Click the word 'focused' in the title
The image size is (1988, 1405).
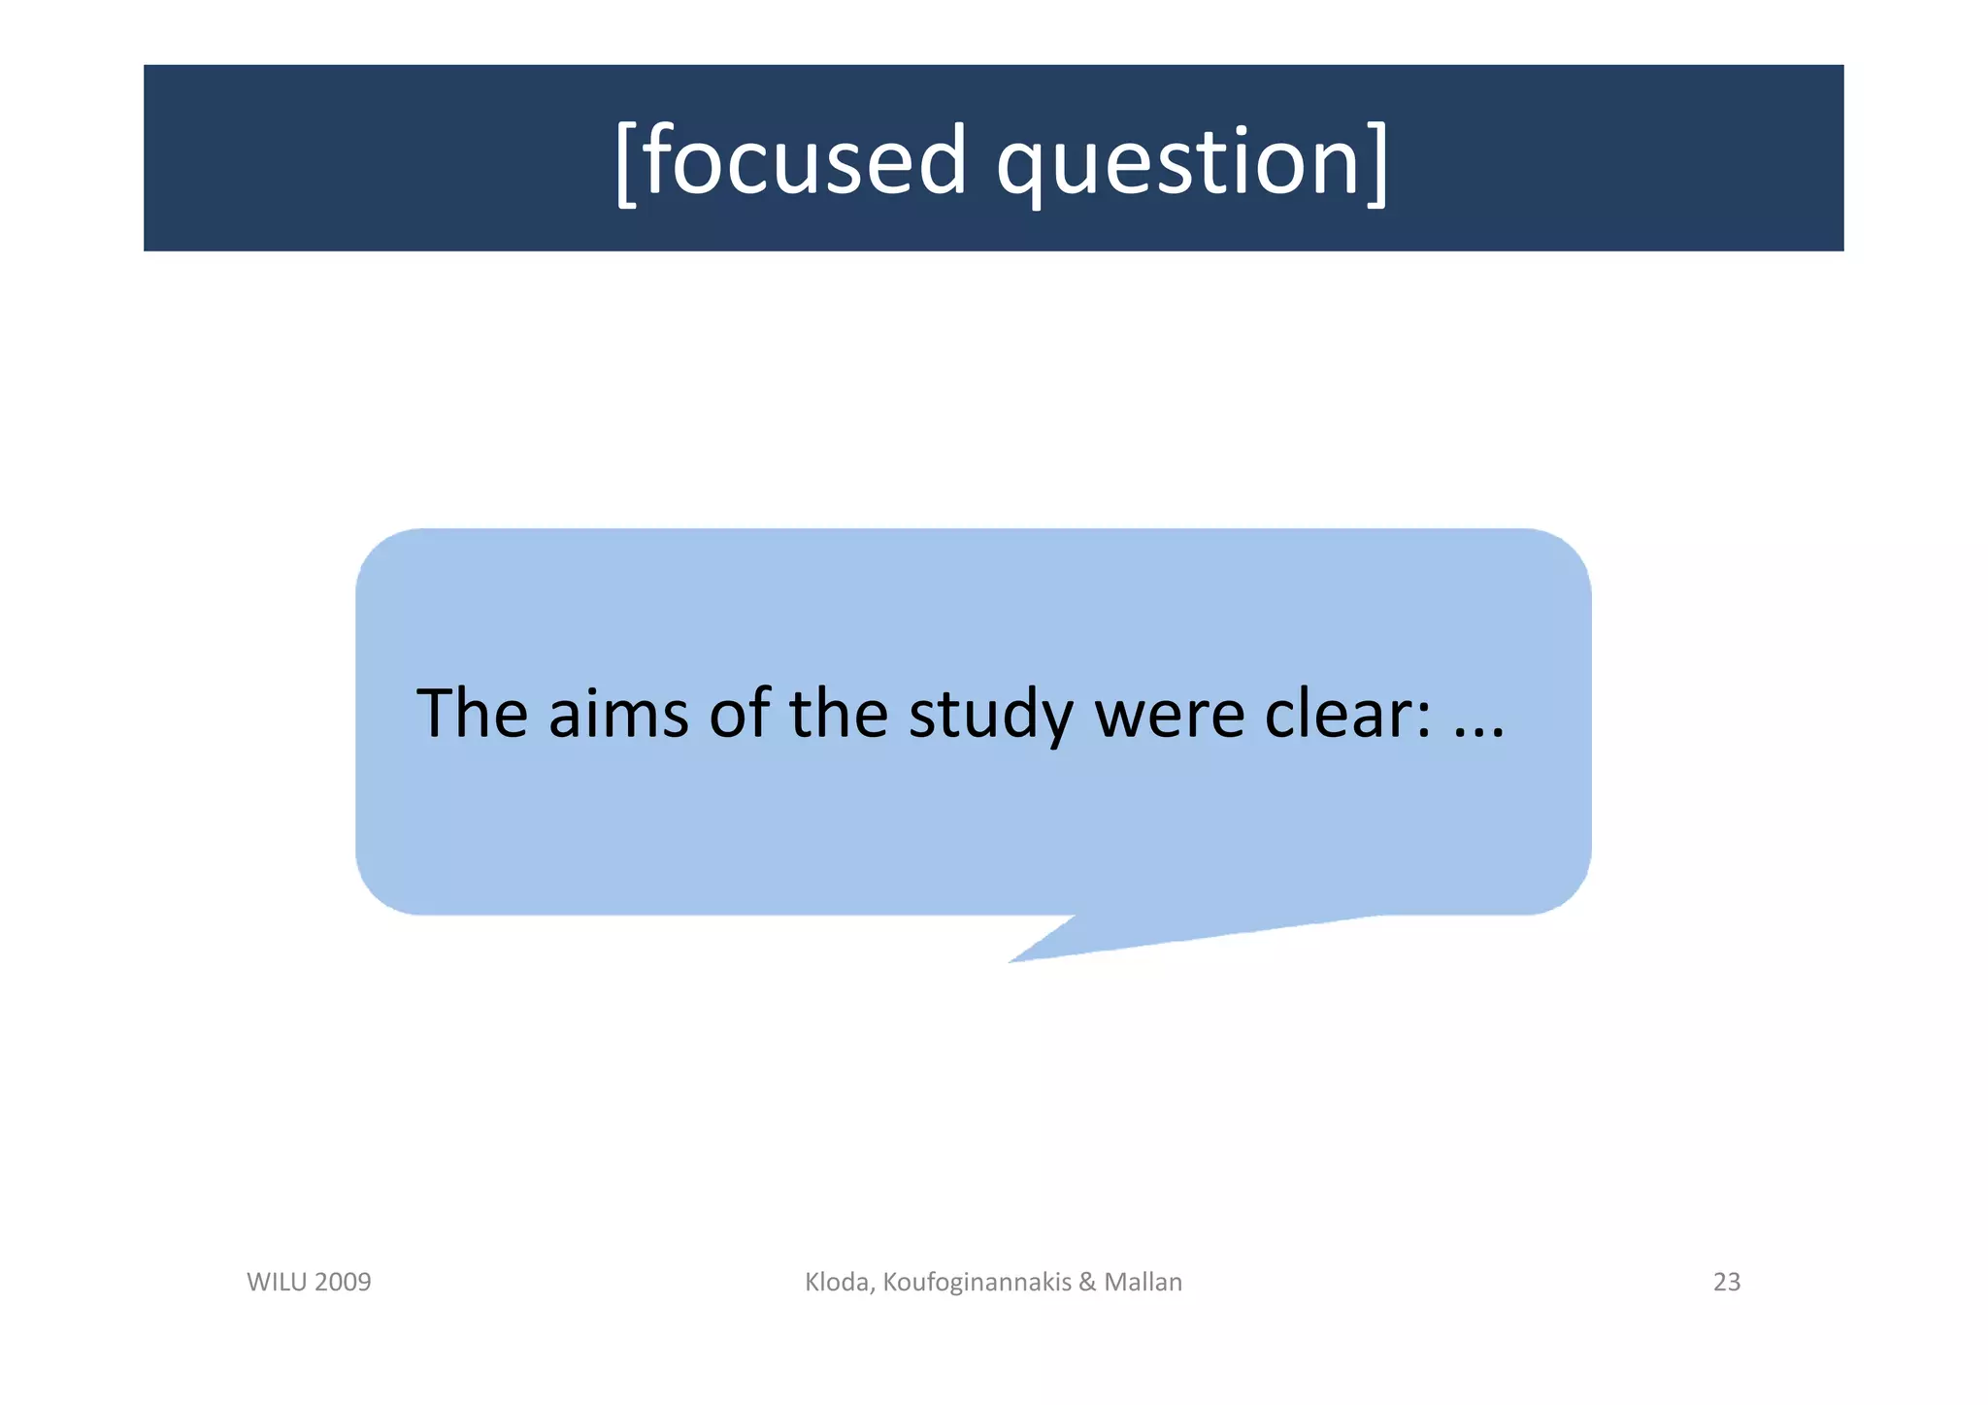click(x=805, y=161)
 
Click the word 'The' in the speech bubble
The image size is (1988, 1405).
click(x=472, y=714)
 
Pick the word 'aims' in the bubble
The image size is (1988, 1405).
click(x=618, y=714)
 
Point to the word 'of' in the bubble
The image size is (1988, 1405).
click(x=740, y=714)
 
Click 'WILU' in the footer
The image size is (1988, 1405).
click(x=278, y=1282)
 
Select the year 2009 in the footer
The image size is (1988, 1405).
click(x=343, y=1282)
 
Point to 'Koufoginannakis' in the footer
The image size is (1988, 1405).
click(x=977, y=1283)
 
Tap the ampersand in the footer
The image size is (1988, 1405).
click(x=1087, y=1282)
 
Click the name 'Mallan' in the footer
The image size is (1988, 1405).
click(x=1143, y=1282)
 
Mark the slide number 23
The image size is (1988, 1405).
click(x=1727, y=1282)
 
